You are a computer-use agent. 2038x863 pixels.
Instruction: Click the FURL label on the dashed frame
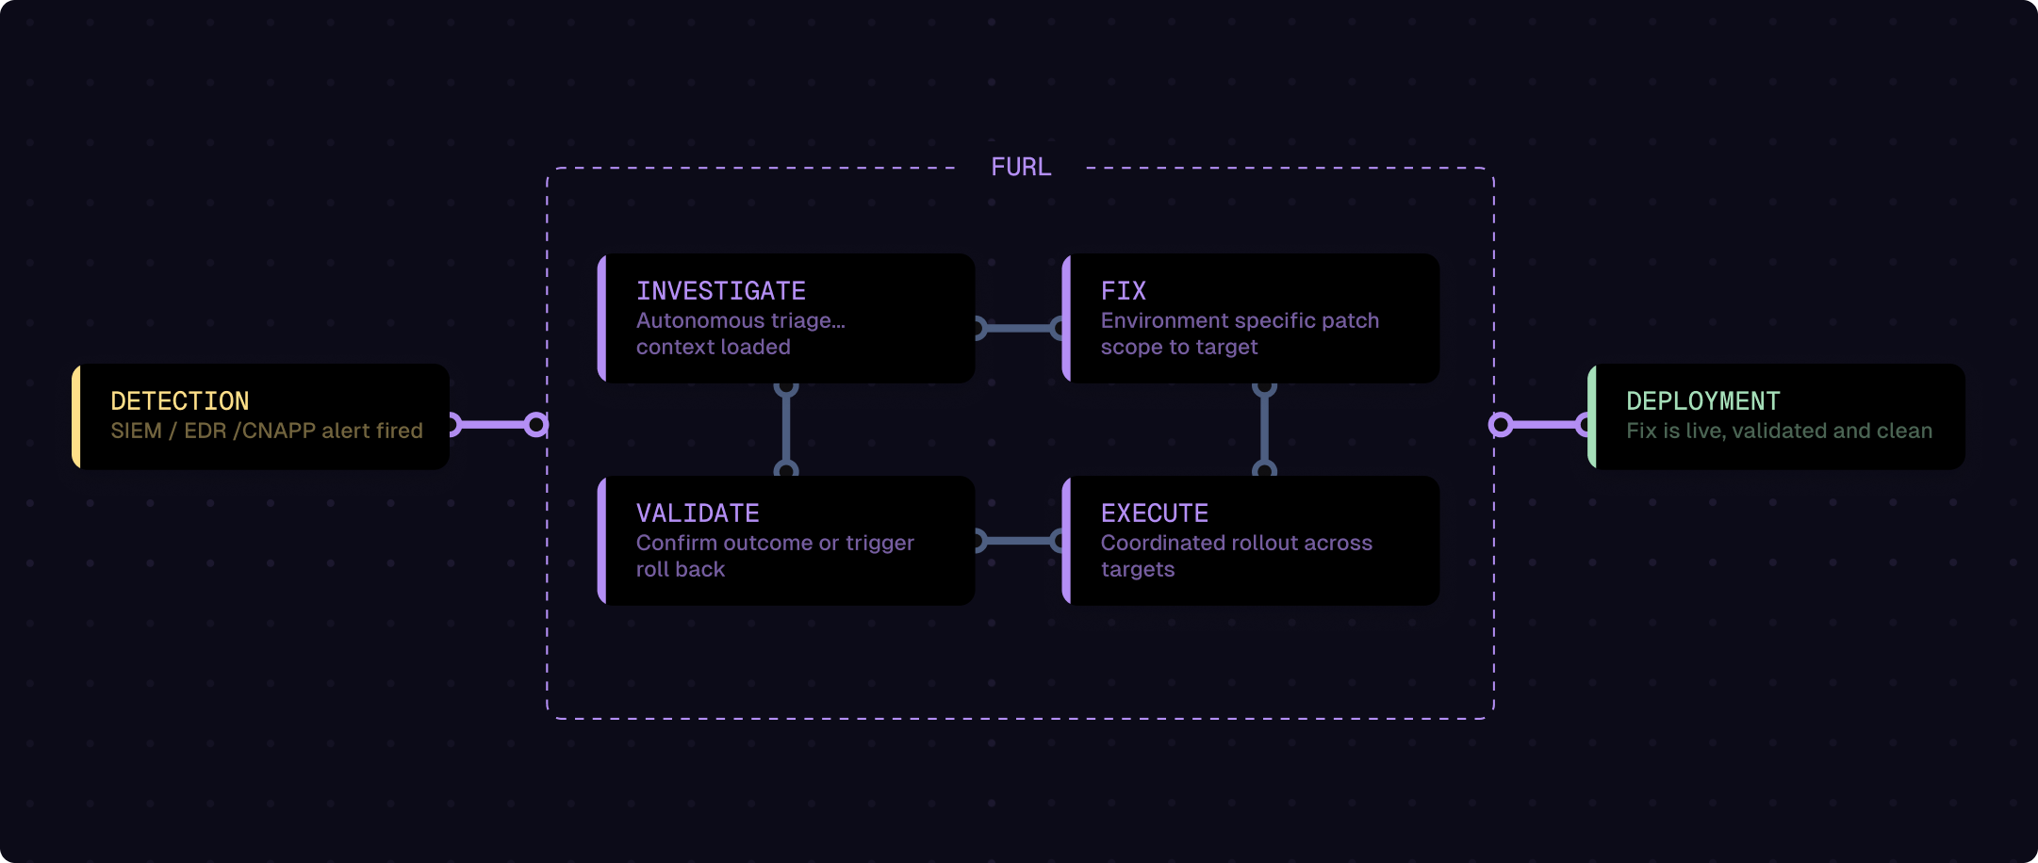click(1021, 168)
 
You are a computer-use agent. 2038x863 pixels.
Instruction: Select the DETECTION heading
click(180, 401)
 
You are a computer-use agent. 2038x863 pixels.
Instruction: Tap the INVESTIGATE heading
click(721, 291)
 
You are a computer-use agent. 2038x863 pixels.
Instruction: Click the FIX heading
click(1123, 291)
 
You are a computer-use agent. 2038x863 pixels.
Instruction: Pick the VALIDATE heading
click(698, 513)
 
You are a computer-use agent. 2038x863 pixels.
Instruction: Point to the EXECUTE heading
click(1154, 513)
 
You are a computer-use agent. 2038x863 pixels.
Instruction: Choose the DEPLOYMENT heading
click(1702, 401)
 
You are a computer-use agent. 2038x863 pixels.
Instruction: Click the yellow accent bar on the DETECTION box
click(76, 416)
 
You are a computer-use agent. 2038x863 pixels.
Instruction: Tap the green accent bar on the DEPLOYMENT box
click(1592, 416)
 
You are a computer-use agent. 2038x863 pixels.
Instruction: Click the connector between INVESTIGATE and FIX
click(1019, 328)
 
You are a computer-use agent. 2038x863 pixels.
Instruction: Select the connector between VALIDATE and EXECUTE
click(1019, 541)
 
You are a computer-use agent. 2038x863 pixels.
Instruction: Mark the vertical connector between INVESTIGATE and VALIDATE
click(786, 429)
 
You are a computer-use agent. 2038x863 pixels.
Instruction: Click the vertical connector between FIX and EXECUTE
click(1264, 429)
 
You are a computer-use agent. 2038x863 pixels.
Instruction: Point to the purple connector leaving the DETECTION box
click(495, 425)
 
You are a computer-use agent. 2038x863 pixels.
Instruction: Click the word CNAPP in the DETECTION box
click(278, 431)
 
